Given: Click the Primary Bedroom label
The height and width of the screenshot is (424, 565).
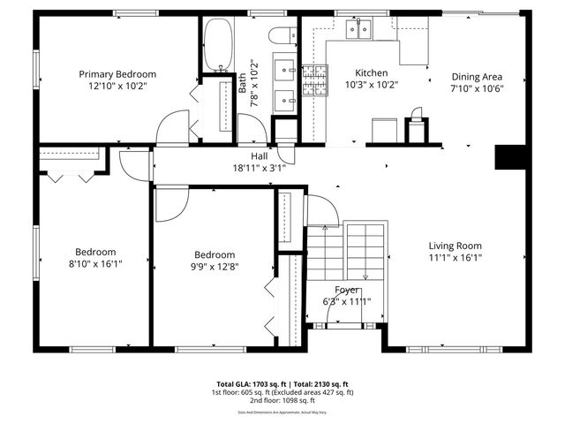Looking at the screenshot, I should tap(117, 74).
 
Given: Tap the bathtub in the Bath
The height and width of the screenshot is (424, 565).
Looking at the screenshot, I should tap(218, 46).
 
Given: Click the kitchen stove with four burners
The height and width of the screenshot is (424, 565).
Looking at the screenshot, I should tap(314, 81).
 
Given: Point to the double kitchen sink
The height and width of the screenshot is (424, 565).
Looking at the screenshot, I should tap(358, 31).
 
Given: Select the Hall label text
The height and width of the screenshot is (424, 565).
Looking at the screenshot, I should tap(259, 155).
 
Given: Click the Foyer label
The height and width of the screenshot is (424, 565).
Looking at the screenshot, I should tap(346, 290).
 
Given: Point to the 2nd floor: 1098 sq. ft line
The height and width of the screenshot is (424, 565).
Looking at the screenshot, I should tap(282, 400).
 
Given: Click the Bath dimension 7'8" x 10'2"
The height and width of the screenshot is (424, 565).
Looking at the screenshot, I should tap(253, 83).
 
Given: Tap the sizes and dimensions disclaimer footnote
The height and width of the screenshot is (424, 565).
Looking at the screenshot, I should tap(282, 412).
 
